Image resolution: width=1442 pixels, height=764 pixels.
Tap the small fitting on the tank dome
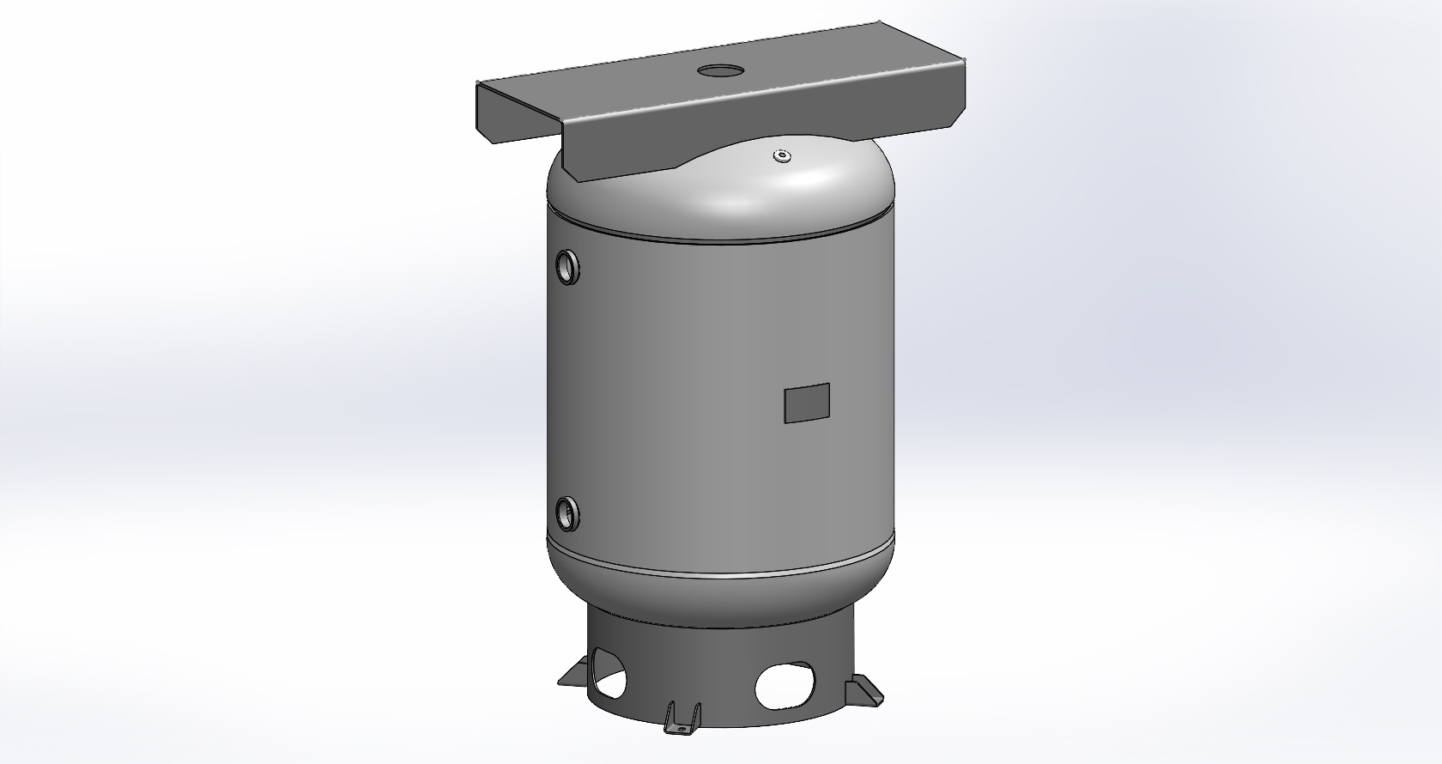point(780,156)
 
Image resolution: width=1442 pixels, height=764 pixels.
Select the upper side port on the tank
point(568,267)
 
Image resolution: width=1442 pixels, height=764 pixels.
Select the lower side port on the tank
point(567,513)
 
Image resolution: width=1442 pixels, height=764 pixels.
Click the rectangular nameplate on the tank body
point(807,403)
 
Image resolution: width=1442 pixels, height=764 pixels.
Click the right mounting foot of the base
point(864,692)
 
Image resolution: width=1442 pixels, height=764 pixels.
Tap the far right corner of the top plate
point(965,61)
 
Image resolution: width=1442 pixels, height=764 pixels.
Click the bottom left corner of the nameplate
point(786,421)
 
